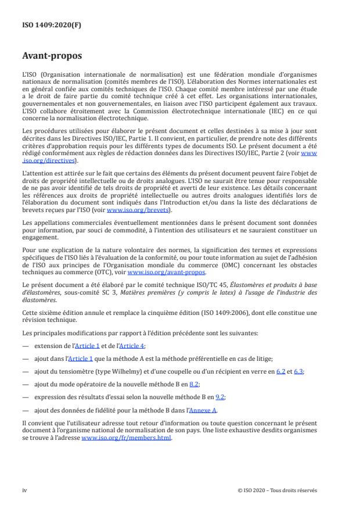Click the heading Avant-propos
[x=52, y=57]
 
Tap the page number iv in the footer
[x=24, y=490]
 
